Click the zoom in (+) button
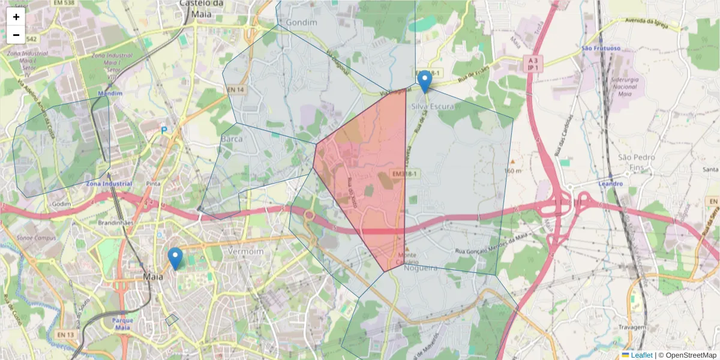[x=16, y=17]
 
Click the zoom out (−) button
[x=16, y=35]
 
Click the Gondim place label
[x=301, y=22]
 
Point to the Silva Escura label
[x=433, y=106]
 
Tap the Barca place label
[x=232, y=139]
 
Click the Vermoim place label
[x=246, y=251]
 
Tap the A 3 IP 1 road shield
[x=532, y=64]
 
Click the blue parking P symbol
[x=164, y=130]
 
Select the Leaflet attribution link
[x=641, y=355]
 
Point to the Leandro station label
[x=610, y=184]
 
